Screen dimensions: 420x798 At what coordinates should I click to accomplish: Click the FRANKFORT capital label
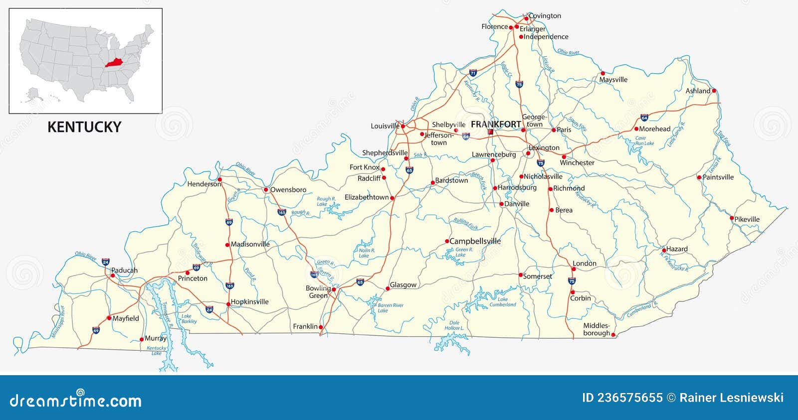[496, 124]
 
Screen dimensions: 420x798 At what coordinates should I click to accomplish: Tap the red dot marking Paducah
[113, 276]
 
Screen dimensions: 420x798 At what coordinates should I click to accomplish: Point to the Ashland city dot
[714, 91]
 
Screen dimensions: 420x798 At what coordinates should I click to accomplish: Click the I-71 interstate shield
[473, 73]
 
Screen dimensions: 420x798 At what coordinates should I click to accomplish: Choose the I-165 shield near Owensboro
[282, 212]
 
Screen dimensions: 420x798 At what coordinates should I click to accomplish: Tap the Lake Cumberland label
[503, 302]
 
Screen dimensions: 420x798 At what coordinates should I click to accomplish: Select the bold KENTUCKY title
[84, 127]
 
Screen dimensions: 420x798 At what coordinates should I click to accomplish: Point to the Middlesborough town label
[597, 329]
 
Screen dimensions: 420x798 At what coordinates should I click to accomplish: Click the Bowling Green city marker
[334, 289]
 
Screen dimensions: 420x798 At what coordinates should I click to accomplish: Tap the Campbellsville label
[475, 241]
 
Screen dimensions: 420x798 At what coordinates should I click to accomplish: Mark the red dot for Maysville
[602, 73]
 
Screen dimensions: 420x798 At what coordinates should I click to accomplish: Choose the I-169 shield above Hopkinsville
[229, 285]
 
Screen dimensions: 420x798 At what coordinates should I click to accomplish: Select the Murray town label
[155, 338]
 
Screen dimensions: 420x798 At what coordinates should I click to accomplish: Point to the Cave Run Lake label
[644, 140]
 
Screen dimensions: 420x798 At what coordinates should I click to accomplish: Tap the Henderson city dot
[219, 179]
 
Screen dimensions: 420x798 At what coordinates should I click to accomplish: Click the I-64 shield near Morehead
[644, 118]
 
